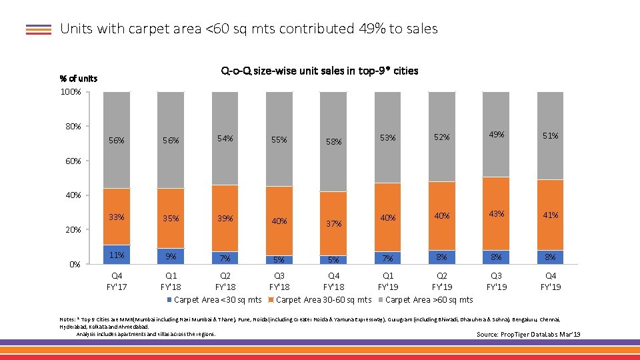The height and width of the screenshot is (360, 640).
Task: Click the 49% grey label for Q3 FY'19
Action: (x=497, y=134)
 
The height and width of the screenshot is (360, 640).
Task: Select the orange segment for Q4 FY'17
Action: (x=117, y=217)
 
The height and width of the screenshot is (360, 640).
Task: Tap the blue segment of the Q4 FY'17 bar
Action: (x=117, y=255)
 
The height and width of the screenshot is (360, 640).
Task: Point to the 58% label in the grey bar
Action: (x=333, y=141)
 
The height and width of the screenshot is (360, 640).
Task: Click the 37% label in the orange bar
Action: (x=333, y=224)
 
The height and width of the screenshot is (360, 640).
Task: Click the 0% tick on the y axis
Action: (x=75, y=264)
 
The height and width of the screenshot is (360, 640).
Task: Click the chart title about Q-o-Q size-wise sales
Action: (x=319, y=71)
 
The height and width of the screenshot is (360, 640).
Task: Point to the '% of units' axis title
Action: (x=79, y=78)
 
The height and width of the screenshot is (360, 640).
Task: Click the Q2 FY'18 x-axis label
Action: (x=225, y=281)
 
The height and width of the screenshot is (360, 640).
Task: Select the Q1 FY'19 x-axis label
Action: (x=388, y=281)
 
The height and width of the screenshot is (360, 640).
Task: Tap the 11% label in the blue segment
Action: (x=117, y=255)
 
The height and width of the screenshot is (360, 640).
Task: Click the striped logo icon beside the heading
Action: (x=39, y=29)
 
